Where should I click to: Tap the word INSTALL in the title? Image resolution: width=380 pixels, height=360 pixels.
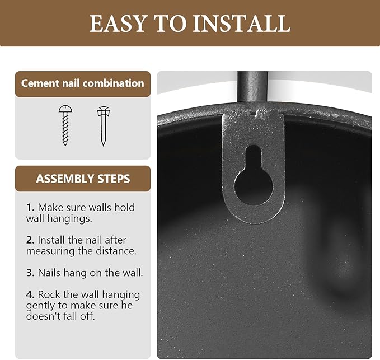coord(242,24)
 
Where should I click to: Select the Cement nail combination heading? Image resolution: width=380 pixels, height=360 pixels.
coord(83,83)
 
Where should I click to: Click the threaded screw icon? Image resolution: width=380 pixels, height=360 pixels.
coord(65,125)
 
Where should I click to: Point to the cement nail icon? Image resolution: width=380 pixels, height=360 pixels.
coord(104,126)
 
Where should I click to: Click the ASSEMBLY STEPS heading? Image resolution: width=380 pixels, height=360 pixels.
coord(83,179)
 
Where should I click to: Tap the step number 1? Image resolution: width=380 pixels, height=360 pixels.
coord(30,208)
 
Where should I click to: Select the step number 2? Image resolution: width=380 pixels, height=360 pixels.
coord(30,240)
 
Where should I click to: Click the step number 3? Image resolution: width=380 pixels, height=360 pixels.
coord(30,273)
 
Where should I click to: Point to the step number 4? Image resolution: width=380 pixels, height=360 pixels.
coord(30,294)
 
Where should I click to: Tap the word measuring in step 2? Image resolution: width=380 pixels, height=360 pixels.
coord(50,251)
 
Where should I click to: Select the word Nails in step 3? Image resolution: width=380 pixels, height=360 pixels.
coord(50,273)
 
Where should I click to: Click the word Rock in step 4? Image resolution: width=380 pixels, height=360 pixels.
coord(49,294)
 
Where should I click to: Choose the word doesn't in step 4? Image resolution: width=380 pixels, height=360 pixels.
coord(44,316)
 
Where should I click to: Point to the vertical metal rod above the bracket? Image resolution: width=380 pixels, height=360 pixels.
coord(252,87)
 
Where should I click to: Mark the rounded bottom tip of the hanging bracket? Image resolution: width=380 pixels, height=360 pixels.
coord(254,222)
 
